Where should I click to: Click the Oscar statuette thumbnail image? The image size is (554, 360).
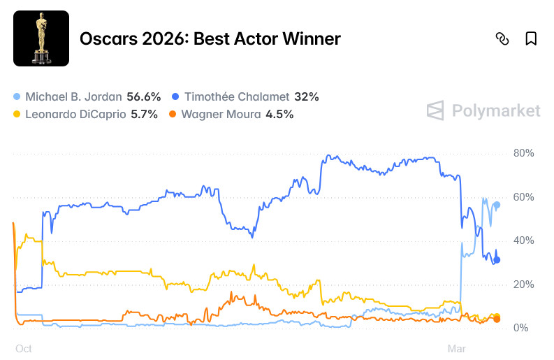pos(41,38)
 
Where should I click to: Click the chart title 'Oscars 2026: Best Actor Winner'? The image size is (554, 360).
pos(210,38)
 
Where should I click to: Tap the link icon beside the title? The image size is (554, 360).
pos(502,38)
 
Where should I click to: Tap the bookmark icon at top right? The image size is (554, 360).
pos(531,38)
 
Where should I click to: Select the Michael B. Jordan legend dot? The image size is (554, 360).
pos(17,96)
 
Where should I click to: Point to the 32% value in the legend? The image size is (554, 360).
pos(307,96)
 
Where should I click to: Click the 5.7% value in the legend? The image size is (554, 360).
pos(144,114)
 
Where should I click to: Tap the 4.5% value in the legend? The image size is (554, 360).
pos(279,114)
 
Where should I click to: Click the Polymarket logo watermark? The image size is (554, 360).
pos(484,110)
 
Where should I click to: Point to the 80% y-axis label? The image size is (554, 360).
pos(523,153)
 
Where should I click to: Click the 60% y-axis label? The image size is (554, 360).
pos(523,197)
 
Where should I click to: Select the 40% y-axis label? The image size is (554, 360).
pos(523,240)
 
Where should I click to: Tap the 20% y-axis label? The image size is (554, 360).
pos(523,285)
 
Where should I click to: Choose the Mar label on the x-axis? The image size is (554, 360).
pos(456,347)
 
